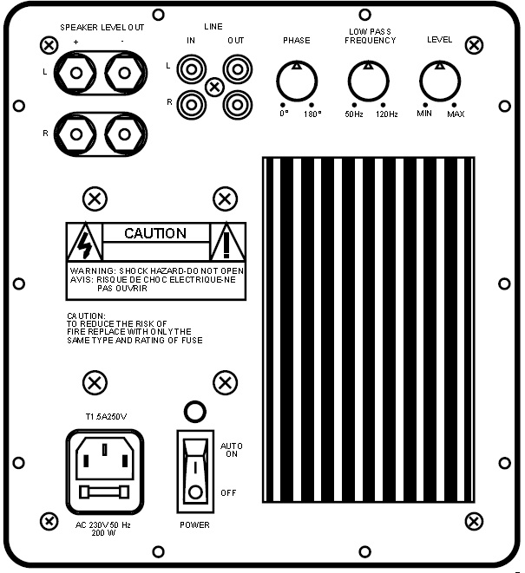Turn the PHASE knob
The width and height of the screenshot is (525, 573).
coord(297,81)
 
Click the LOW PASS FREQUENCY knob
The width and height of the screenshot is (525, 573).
coord(369,81)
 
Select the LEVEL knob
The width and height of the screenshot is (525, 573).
coord(440,81)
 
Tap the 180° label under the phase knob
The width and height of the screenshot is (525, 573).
coord(312,114)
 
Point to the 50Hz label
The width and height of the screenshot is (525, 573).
coord(354,114)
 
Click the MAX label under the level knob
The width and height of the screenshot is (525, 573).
coord(456,114)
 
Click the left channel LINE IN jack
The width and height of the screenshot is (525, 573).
coord(191,69)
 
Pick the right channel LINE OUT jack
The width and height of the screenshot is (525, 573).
coord(238,105)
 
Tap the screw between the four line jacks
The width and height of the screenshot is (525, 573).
coord(214,88)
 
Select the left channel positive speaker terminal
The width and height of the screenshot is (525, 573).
coord(76,73)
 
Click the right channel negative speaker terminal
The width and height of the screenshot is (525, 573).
coord(124,134)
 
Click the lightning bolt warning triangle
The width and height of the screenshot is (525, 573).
coord(85,241)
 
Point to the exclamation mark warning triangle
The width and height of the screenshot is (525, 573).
coord(226,241)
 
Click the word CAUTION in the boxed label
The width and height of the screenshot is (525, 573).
coord(155,233)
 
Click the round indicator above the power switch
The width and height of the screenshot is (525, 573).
coord(195,412)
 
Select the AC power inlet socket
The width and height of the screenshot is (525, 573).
coord(105,459)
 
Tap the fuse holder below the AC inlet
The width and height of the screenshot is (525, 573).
coord(105,492)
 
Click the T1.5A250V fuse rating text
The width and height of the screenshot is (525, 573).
coord(106,417)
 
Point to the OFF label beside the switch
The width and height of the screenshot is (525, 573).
coord(229,493)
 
